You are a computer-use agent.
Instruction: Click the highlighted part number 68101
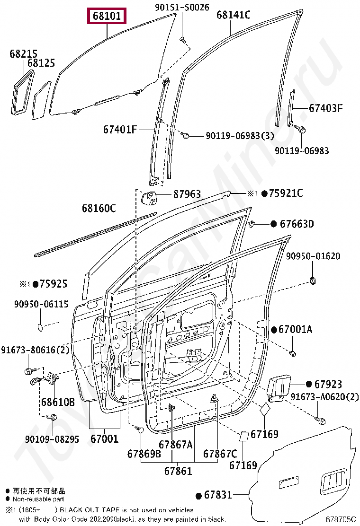107,17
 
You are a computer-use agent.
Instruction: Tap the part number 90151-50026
182,8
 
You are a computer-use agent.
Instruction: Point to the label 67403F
325,108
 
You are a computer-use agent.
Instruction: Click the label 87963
187,194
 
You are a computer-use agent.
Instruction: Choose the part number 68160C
99,208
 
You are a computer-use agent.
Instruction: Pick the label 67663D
297,224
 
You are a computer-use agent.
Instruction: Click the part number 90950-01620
313,256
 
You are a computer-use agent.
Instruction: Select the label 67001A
295,329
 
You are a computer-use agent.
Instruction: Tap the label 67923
328,385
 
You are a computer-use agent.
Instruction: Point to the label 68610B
57,402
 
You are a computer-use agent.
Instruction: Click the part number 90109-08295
52,439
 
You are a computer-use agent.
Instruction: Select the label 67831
218,495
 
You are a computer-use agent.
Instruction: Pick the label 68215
23,54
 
